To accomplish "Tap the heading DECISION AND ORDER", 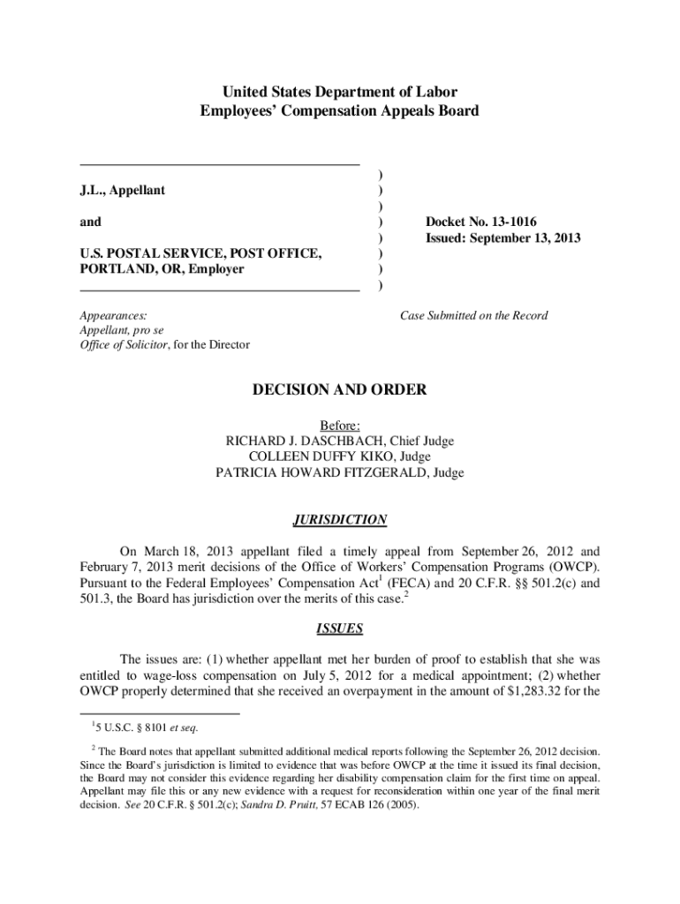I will coord(340,389).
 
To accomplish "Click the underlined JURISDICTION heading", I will coord(340,520).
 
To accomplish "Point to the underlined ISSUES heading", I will coord(340,629).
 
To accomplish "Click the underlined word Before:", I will coord(340,425).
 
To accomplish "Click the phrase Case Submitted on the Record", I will coord(473,315).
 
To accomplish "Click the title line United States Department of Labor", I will coord(340,92).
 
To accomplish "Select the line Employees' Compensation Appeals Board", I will coord(340,110).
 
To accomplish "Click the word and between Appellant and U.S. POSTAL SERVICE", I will coord(90,222).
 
